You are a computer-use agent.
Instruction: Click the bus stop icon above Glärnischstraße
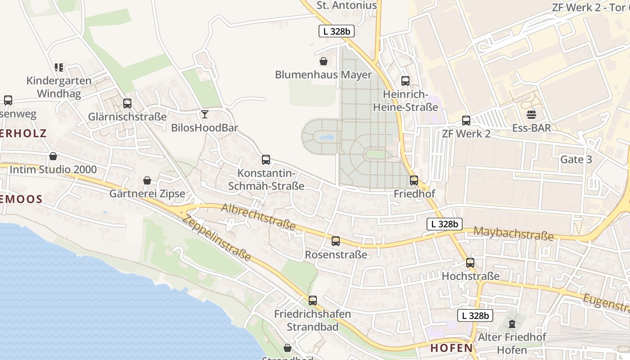(x=127, y=103)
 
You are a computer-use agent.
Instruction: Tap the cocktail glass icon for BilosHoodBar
(x=205, y=114)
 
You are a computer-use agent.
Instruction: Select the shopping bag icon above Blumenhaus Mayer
(x=323, y=61)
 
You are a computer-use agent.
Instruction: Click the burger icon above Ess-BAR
(x=531, y=114)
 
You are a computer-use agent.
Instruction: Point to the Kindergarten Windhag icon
(x=59, y=67)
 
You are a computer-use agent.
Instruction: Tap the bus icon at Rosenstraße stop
(x=336, y=241)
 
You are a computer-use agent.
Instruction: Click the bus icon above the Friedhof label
(x=414, y=180)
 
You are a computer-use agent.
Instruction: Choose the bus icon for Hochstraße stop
(x=470, y=263)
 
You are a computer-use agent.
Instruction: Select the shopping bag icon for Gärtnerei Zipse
(x=147, y=180)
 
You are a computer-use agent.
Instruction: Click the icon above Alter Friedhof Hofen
(x=512, y=324)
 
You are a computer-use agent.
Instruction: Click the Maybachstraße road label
(x=513, y=234)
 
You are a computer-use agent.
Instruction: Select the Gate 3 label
(x=576, y=160)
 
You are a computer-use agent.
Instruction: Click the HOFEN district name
(x=451, y=348)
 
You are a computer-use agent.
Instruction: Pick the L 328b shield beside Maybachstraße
(x=444, y=224)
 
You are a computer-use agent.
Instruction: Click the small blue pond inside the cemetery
(x=326, y=137)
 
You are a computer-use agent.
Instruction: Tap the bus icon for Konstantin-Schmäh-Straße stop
(x=266, y=160)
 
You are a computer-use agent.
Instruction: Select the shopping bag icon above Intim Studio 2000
(x=53, y=156)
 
